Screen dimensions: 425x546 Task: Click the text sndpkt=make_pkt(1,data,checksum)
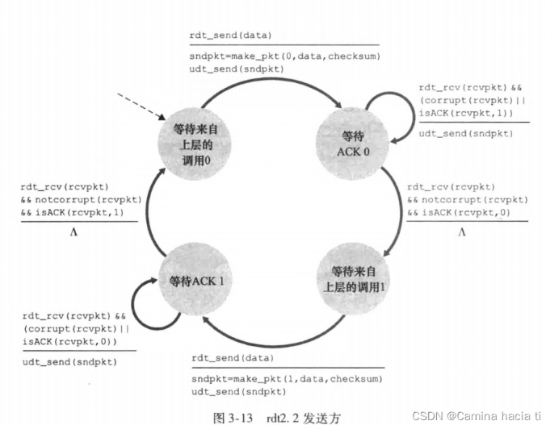click(285, 378)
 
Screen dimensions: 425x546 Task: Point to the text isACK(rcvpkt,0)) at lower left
click(69, 343)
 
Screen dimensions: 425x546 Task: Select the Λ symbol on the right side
click(461, 232)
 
